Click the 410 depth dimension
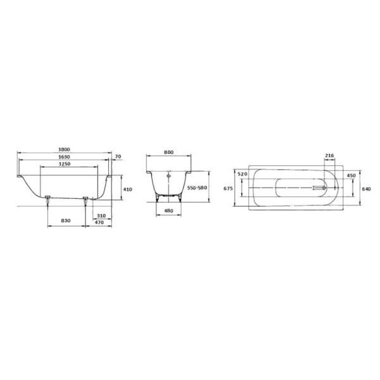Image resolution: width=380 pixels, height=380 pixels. (127, 189)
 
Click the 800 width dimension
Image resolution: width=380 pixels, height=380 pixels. (169, 153)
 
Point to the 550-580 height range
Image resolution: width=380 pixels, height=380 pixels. (198, 189)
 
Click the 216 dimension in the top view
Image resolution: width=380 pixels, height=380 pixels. (329, 155)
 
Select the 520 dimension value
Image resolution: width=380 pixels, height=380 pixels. (241, 173)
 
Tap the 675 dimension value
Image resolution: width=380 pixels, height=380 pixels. (229, 188)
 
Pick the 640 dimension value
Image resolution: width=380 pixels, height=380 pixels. (366, 188)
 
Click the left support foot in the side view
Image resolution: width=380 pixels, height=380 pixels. (48, 199)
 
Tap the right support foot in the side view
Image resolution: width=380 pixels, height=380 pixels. (85, 199)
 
